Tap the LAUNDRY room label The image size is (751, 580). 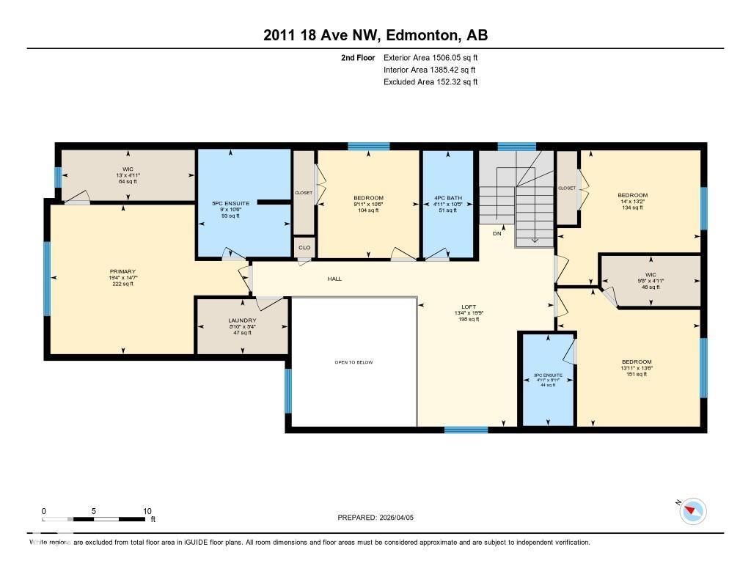242,320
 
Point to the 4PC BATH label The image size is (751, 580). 448,198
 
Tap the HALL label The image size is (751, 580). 334,279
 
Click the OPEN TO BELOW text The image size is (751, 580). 353,362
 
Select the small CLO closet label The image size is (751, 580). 304,248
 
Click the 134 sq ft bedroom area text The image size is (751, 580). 632,208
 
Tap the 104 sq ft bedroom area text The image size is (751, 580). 368,210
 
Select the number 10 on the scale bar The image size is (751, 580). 147,511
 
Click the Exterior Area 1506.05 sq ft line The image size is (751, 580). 431,57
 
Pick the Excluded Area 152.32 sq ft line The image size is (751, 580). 431,82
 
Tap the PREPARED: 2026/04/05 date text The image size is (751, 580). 376,517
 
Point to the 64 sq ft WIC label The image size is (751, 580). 128,181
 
